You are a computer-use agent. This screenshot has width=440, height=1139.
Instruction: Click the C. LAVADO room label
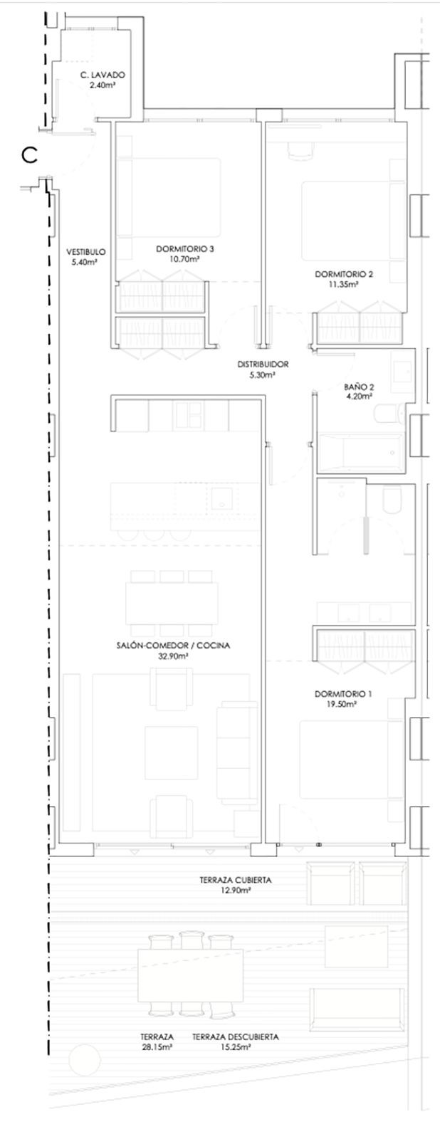(103, 75)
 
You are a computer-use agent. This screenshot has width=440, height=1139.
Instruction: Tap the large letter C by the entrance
(30, 154)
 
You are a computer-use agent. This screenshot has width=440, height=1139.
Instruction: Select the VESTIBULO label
(86, 252)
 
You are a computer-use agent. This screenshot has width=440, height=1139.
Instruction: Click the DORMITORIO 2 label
(344, 274)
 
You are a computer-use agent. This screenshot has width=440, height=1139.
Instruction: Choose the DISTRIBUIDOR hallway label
(263, 364)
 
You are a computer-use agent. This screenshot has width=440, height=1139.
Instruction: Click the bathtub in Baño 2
(360, 451)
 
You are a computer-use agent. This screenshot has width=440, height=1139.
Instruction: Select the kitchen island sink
(223, 498)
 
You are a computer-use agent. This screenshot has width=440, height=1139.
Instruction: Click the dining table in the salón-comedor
(172, 604)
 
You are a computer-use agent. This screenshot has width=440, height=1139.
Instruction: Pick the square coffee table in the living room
(171, 752)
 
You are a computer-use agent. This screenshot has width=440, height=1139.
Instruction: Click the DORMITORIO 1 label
(343, 694)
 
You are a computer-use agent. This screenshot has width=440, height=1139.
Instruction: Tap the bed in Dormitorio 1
(345, 759)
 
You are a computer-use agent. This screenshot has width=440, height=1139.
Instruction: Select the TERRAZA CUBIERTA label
(236, 880)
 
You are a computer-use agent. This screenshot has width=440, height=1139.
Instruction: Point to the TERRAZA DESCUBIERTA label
(236, 1036)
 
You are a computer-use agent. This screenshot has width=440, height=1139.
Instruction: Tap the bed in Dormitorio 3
(169, 197)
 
